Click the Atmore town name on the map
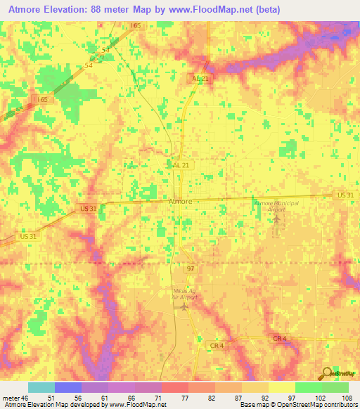pos(181,201)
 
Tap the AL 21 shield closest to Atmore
pos(181,164)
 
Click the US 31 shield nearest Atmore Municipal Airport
pos(345,195)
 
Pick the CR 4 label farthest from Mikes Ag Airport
pos(280,339)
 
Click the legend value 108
pos(346,398)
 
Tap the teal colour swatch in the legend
pos(41,387)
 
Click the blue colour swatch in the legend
pos(67,387)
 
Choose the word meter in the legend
pos(11,398)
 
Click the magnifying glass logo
pos(327,373)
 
